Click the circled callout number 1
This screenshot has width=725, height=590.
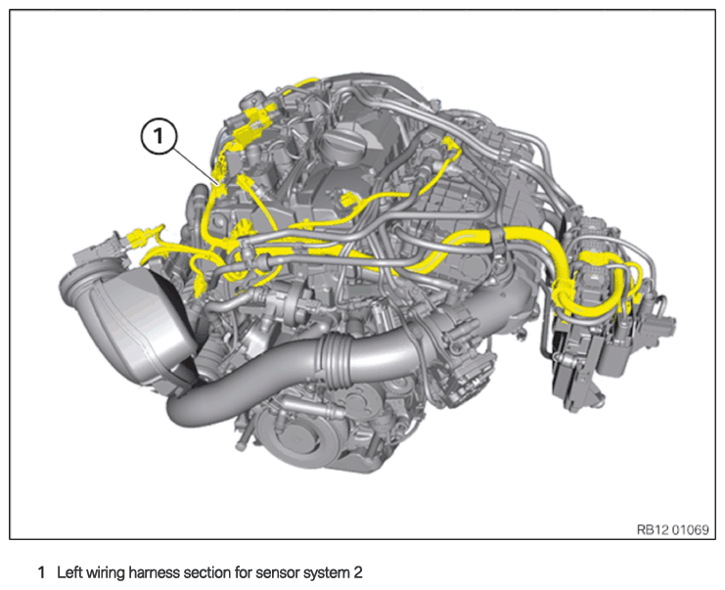(159, 136)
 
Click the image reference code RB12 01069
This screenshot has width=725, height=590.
(673, 529)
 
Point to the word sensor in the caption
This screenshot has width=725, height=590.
(277, 573)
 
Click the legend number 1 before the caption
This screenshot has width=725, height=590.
(42, 572)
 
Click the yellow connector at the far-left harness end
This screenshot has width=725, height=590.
(137, 237)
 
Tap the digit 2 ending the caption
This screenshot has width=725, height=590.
(358, 572)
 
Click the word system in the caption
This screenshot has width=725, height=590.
(326, 573)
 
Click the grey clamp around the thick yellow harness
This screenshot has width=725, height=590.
(497, 237)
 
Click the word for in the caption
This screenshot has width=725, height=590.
(243, 572)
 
